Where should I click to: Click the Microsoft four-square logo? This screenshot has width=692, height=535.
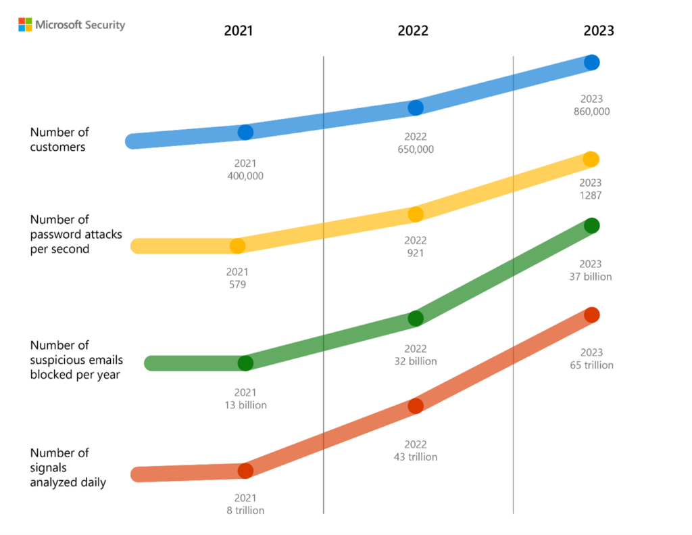pyautogui.click(x=25, y=25)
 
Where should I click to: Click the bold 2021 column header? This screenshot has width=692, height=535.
pyautogui.click(x=238, y=31)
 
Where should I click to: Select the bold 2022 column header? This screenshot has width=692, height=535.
pyautogui.click(x=412, y=31)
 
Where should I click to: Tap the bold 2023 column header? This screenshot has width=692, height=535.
pyautogui.click(x=599, y=31)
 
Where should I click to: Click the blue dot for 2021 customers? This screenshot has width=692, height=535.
pyautogui.click(x=245, y=133)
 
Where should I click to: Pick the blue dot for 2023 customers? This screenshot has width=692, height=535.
pyautogui.click(x=591, y=62)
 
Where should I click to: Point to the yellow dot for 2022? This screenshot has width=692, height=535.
pyautogui.click(x=416, y=214)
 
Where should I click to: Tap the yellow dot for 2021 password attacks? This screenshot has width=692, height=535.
pyautogui.click(x=237, y=246)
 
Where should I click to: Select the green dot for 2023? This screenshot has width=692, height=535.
pyautogui.click(x=591, y=225)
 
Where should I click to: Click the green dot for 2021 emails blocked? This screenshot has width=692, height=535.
pyautogui.click(x=245, y=363)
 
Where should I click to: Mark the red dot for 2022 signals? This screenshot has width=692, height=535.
pyautogui.click(x=416, y=406)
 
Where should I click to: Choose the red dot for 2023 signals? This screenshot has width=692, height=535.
pyautogui.click(x=591, y=315)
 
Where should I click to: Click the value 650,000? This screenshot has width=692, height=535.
pyautogui.click(x=416, y=149)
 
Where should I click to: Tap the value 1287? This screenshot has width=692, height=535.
pyautogui.click(x=591, y=195)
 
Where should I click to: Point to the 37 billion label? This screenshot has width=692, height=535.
pyautogui.click(x=591, y=277)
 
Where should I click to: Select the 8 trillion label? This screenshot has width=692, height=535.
pyautogui.click(x=245, y=511)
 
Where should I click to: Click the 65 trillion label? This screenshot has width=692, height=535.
pyautogui.click(x=591, y=365)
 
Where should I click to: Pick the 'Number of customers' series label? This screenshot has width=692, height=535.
pyautogui.click(x=59, y=139)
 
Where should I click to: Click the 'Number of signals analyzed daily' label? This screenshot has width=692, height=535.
pyautogui.click(x=68, y=467)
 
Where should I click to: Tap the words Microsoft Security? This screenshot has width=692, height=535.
pyautogui.click(x=80, y=25)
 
